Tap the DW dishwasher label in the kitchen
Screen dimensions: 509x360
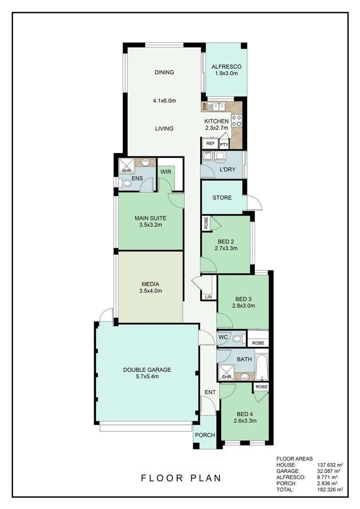(x=205, y=107)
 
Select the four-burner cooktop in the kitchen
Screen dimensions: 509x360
(x=236, y=121)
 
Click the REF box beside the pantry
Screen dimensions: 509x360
(x=210, y=144)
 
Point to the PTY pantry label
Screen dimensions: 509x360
(x=224, y=145)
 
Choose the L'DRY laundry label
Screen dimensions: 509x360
(x=228, y=169)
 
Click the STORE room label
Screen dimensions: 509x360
(x=222, y=197)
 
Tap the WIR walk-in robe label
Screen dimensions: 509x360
(x=165, y=172)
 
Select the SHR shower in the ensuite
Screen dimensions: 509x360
(x=126, y=166)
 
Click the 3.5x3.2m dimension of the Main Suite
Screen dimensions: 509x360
(x=150, y=225)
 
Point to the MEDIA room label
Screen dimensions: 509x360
(x=150, y=284)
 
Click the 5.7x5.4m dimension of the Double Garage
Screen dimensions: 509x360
(x=147, y=377)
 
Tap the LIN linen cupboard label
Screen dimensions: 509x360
(x=208, y=296)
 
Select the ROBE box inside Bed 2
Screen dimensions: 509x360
(x=206, y=223)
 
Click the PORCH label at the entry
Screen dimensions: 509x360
(x=205, y=435)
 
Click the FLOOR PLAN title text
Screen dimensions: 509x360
(x=181, y=478)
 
